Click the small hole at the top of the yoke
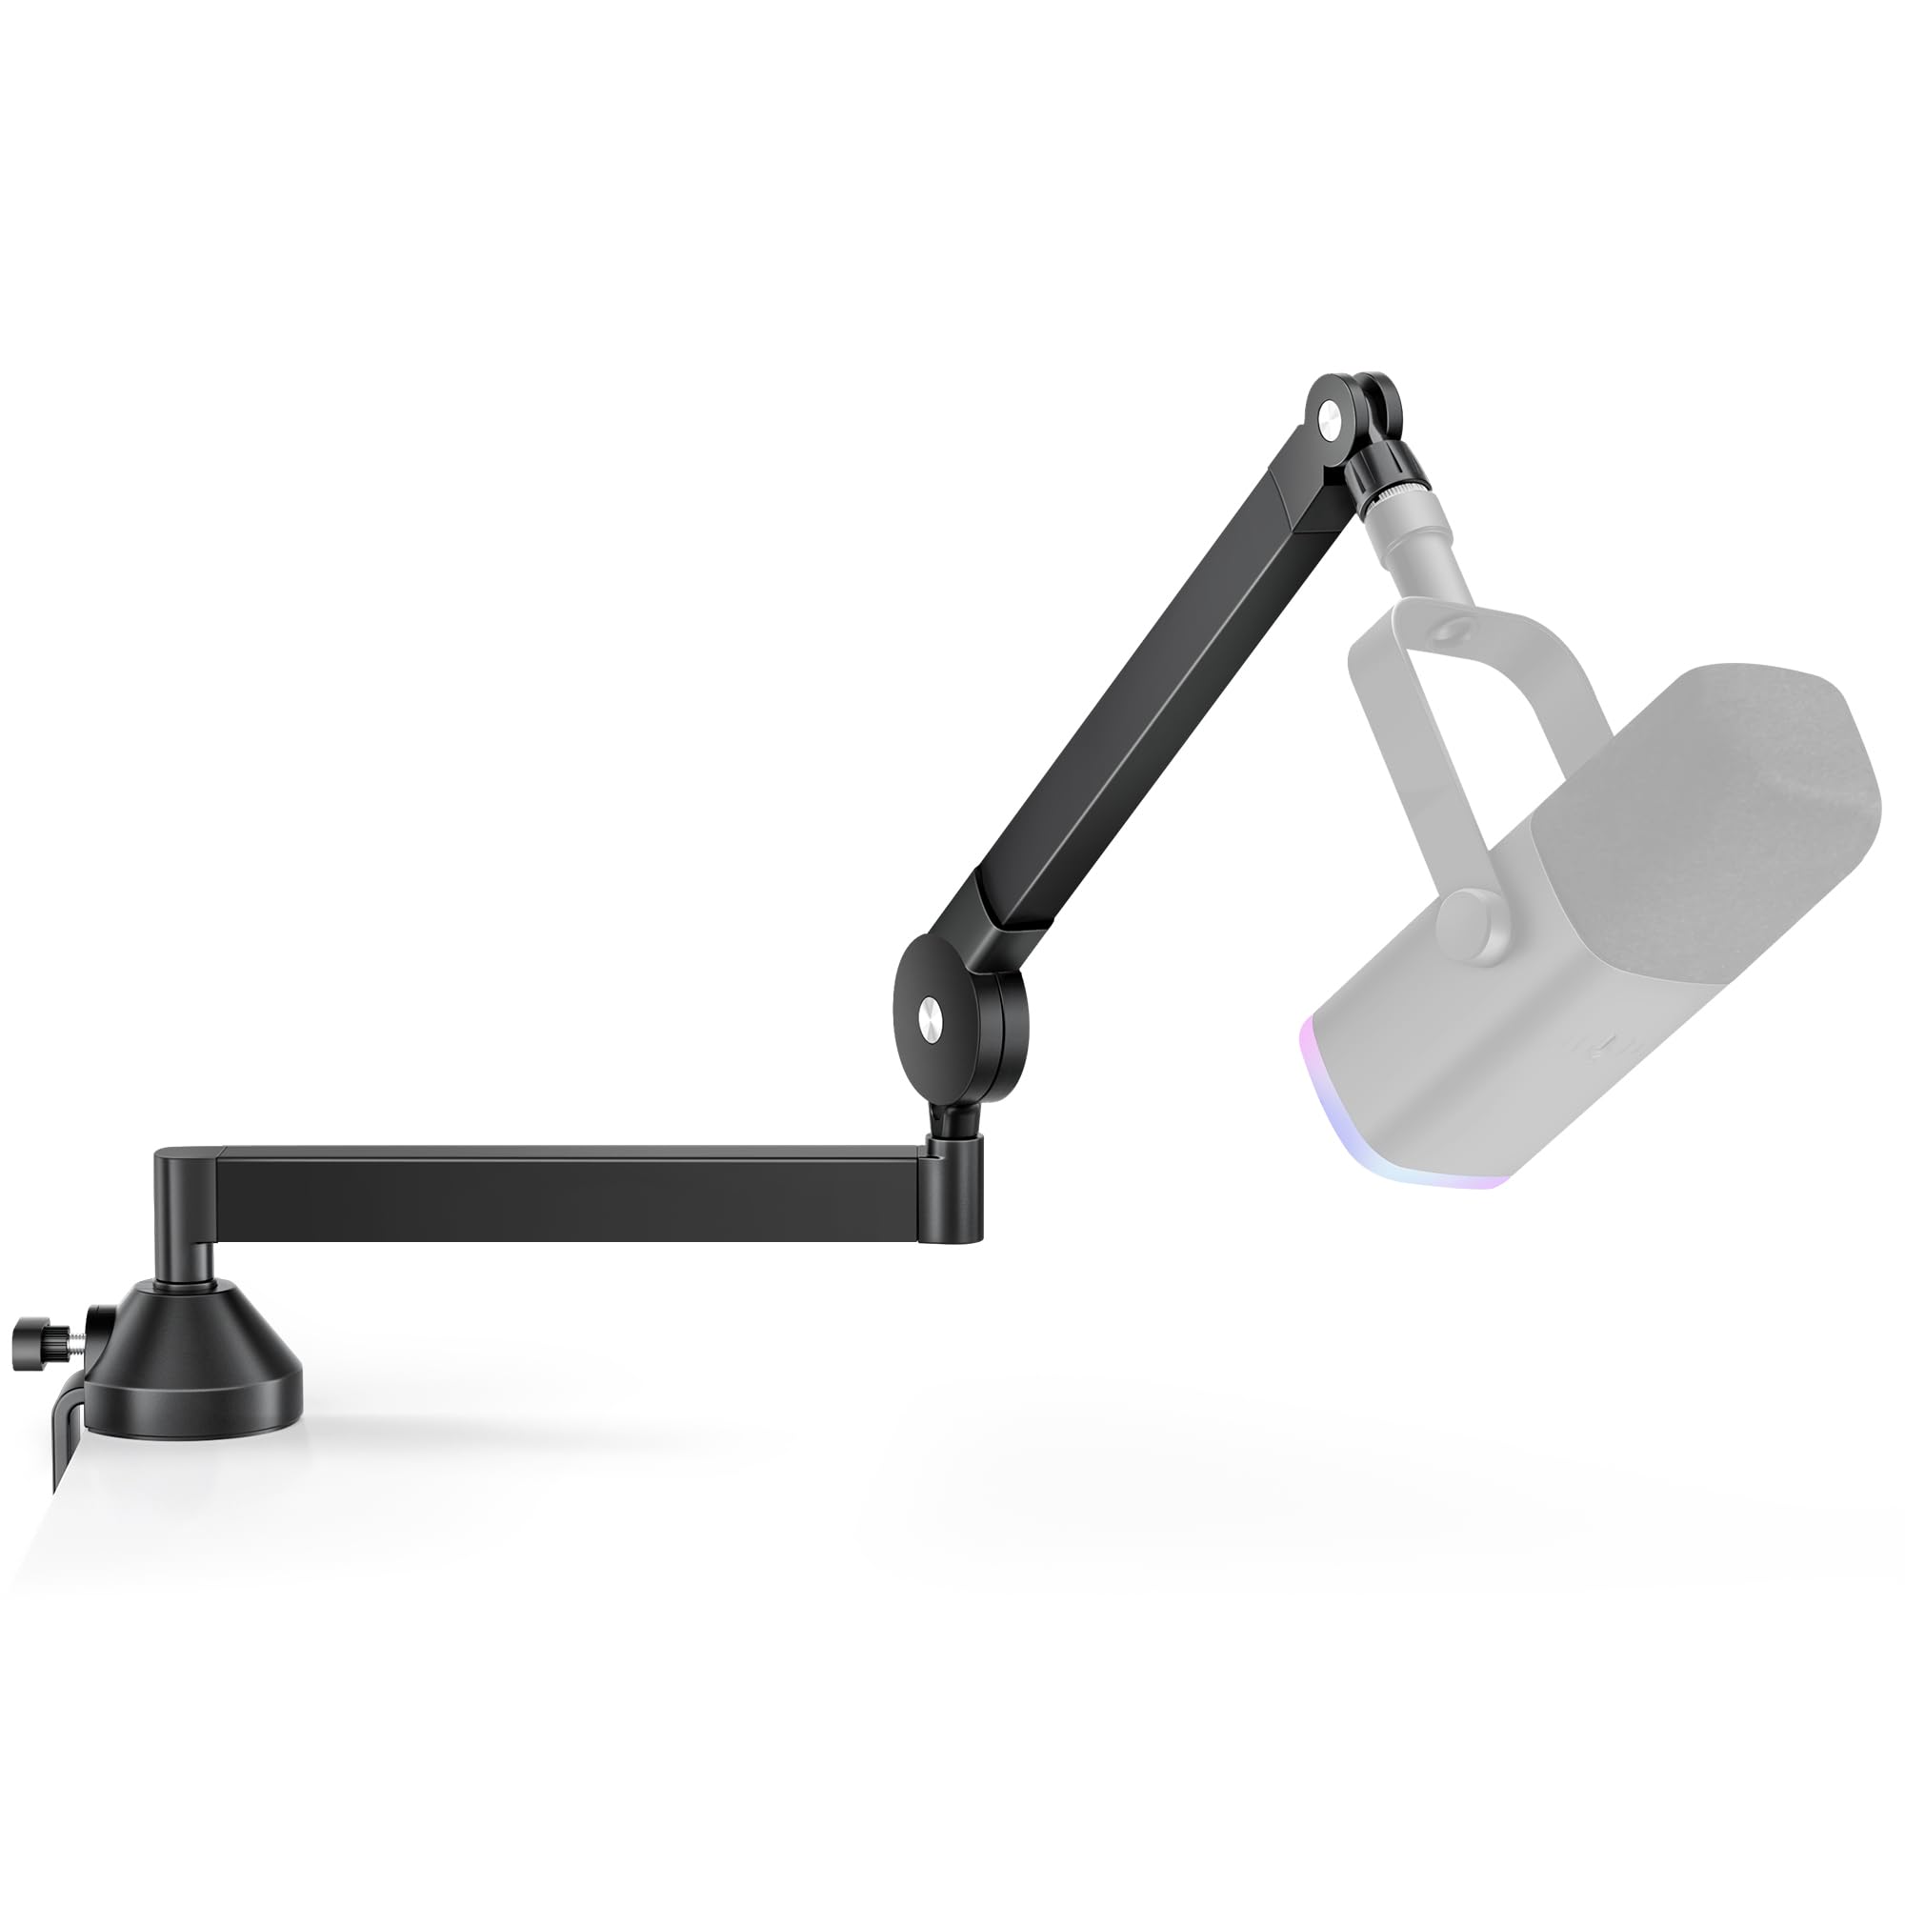tap(1451, 628)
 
